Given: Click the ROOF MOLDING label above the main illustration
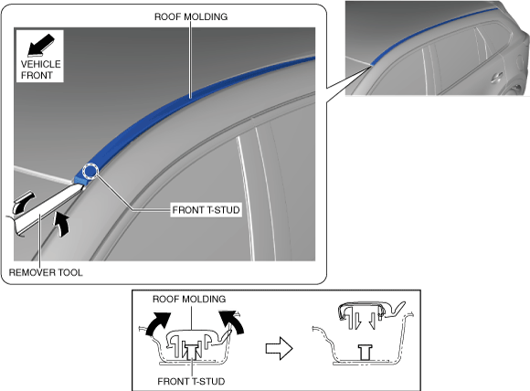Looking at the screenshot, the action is [x=191, y=16].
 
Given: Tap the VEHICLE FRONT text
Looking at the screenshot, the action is [x=40, y=69].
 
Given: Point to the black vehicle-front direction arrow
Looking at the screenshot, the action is [x=40, y=45].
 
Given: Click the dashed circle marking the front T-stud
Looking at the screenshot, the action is [x=90, y=171].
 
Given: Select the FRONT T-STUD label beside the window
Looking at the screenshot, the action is [x=206, y=210].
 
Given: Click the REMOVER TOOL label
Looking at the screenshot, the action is [x=46, y=272].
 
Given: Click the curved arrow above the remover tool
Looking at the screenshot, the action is [x=23, y=202].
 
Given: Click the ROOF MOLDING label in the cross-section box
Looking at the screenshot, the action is [x=189, y=299].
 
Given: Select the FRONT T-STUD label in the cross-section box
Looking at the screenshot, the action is [x=191, y=381].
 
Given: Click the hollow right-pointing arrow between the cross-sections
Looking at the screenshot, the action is [x=279, y=348].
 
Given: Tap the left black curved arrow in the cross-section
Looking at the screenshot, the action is [x=158, y=323].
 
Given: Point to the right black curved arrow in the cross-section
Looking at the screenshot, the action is [x=231, y=322].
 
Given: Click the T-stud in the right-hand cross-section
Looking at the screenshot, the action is [x=366, y=352].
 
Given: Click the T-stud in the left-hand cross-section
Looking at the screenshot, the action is [x=191, y=351].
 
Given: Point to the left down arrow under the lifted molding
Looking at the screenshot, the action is [x=356, y=321].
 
